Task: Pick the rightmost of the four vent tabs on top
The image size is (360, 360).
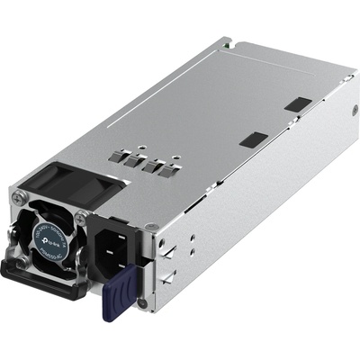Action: coord(163,169)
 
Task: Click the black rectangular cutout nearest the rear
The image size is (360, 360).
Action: coord(297,104)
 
